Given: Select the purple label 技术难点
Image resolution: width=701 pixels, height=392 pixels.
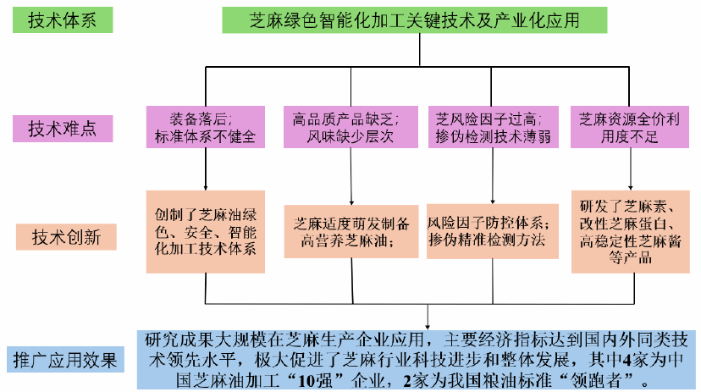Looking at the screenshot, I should pos(63,129).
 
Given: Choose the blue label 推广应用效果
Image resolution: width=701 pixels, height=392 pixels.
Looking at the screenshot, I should pos(63,357).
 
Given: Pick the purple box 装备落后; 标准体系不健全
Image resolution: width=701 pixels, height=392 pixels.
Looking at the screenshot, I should pos(206,127).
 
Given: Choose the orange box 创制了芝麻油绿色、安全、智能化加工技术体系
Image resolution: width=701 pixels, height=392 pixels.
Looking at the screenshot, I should pos(206,231).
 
